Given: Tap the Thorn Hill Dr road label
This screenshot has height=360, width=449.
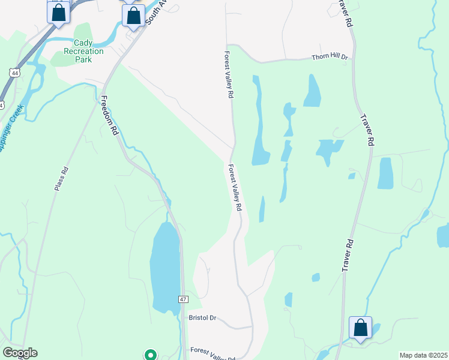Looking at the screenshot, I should coord(330,58).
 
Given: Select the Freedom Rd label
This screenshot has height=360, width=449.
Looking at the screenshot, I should coord(109,116).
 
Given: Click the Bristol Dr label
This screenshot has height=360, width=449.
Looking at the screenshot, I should coord(202,317).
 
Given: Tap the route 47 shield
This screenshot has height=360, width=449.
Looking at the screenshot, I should coord(184,298).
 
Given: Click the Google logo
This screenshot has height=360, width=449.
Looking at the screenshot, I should coord(20,353).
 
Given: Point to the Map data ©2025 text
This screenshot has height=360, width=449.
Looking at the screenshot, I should coord(423,355).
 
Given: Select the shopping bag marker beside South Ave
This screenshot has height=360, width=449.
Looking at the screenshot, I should coord(133,16).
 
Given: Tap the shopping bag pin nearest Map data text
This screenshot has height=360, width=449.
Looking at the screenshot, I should coord(360,328).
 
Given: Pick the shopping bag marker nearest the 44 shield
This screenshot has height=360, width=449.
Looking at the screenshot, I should coord(58,12).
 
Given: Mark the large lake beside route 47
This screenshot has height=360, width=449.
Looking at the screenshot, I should coord(164,267).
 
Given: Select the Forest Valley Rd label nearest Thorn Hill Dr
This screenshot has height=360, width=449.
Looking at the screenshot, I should coord(229,73).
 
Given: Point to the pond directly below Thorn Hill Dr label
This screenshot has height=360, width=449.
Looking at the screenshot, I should coord(312,91).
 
